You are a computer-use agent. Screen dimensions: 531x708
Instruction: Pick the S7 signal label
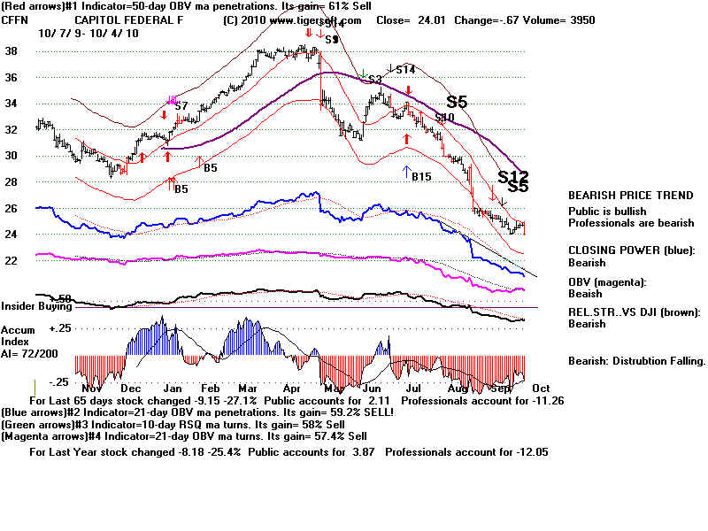point(181,106)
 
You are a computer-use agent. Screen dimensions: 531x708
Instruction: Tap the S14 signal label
point(405,69)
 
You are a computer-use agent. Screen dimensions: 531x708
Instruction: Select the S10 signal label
point(444,118)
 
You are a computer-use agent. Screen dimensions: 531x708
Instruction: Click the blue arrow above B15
point(406,170)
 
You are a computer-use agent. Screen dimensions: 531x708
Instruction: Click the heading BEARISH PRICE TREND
point(631,196)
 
